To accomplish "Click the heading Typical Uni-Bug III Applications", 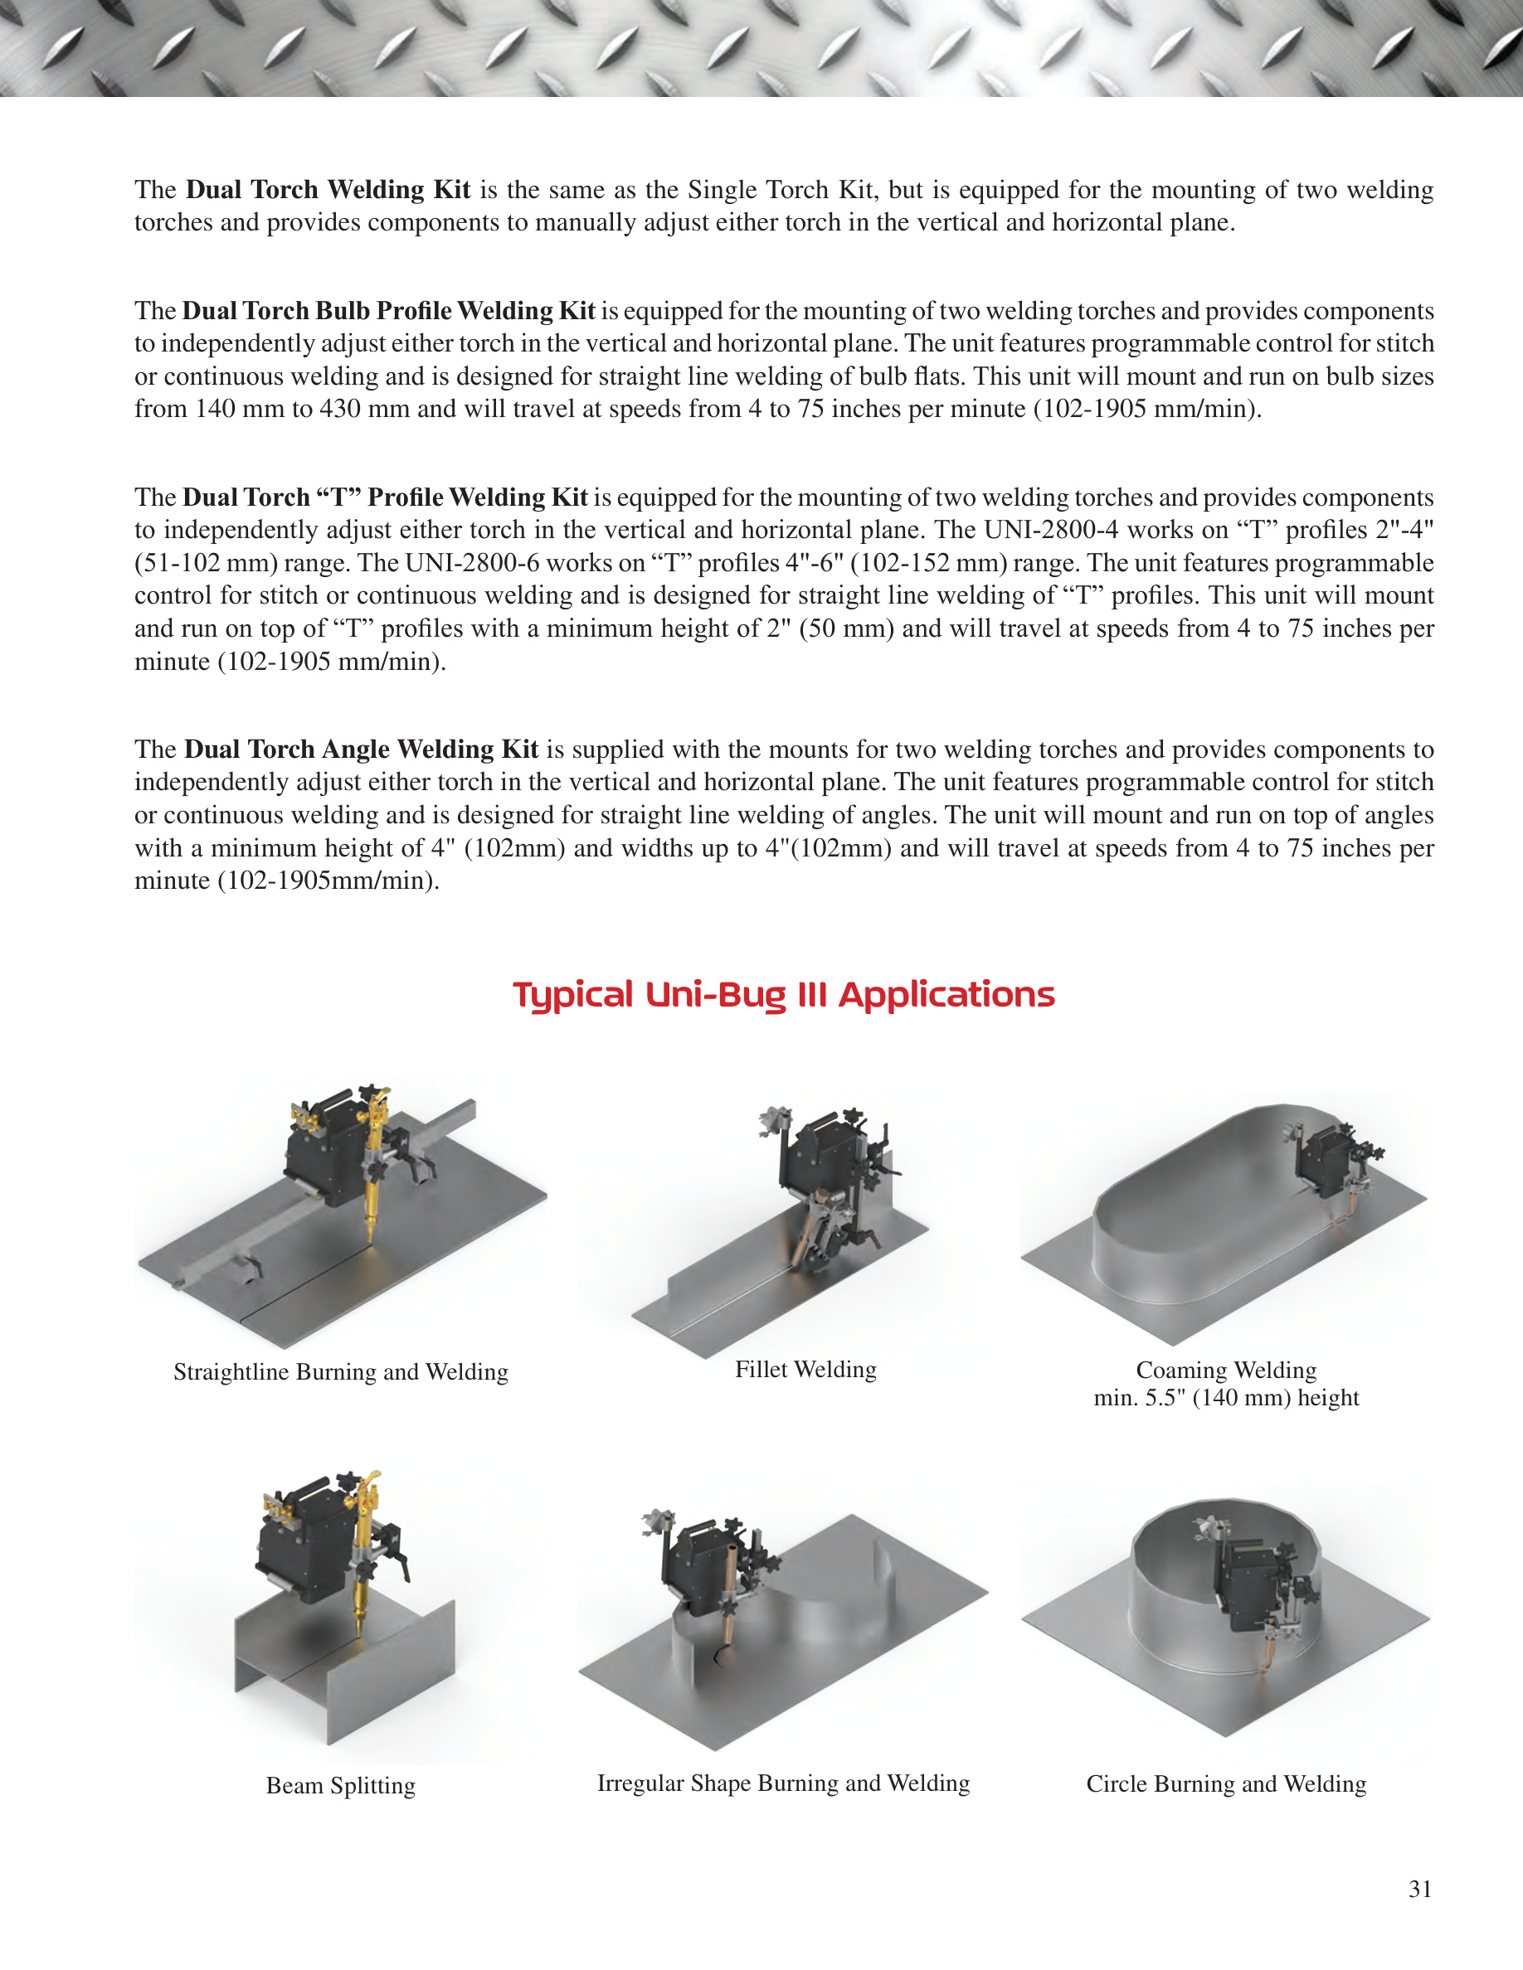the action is (x=783, y=995).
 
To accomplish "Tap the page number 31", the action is (x=1420, y=1889).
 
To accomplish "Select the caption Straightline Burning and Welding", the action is (x=341, y=1372).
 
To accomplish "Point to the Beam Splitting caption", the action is (x=341, y=1785).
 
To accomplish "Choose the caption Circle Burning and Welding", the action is (x=1226, y=1783).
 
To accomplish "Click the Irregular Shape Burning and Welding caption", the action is (x=783, y=1783).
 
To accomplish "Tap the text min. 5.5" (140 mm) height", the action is (x=1226, y=1397).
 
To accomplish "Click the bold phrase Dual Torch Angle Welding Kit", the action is (x=362, y=750).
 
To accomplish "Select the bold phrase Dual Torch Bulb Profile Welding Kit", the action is (x=389, y=311).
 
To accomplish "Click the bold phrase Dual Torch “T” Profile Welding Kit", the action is (x=385, y=498).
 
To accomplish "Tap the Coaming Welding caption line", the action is (x=1226, y=1371).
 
